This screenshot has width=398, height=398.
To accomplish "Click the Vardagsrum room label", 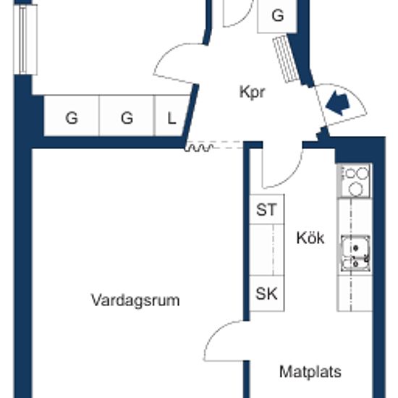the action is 135,301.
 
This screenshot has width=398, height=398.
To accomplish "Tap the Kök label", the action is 310,238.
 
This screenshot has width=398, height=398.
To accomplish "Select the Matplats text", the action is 310,372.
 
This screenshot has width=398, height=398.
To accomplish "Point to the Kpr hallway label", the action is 252,93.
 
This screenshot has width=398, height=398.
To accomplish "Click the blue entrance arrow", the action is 338,103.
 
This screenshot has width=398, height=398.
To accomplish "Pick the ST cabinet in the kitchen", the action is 266,209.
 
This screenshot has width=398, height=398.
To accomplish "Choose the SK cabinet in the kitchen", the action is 266,293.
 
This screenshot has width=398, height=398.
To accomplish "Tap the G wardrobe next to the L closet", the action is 127,116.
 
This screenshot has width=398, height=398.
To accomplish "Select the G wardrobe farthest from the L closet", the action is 72,116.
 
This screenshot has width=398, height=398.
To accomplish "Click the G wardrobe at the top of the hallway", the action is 277,16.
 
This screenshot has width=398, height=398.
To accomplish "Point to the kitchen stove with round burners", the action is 355,181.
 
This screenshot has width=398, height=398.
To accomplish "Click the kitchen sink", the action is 355,253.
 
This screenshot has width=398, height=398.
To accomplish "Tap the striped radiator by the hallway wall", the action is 286,59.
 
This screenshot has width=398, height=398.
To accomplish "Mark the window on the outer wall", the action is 25,40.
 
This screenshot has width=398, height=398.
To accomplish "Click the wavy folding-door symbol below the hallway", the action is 199,148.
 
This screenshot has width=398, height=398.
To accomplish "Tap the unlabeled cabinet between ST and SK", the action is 266,250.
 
